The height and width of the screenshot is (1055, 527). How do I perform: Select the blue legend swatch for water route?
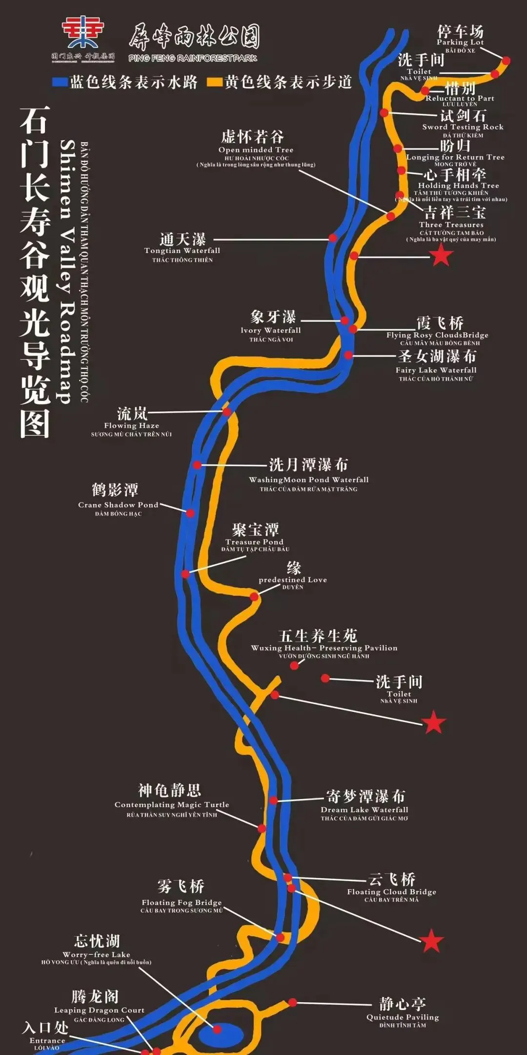tap(60, 82)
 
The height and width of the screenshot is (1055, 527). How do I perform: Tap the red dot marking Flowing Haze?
tap(227, 412)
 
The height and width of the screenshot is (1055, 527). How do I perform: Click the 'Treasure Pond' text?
tap(254, 542)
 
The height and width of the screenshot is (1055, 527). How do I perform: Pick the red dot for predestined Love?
tap(254, 596)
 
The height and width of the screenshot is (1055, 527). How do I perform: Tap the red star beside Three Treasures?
tap(441, 255)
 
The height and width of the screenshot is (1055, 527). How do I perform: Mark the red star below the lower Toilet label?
tap(433, 722)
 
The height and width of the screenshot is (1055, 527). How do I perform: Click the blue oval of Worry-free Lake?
tap(217, 1028)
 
